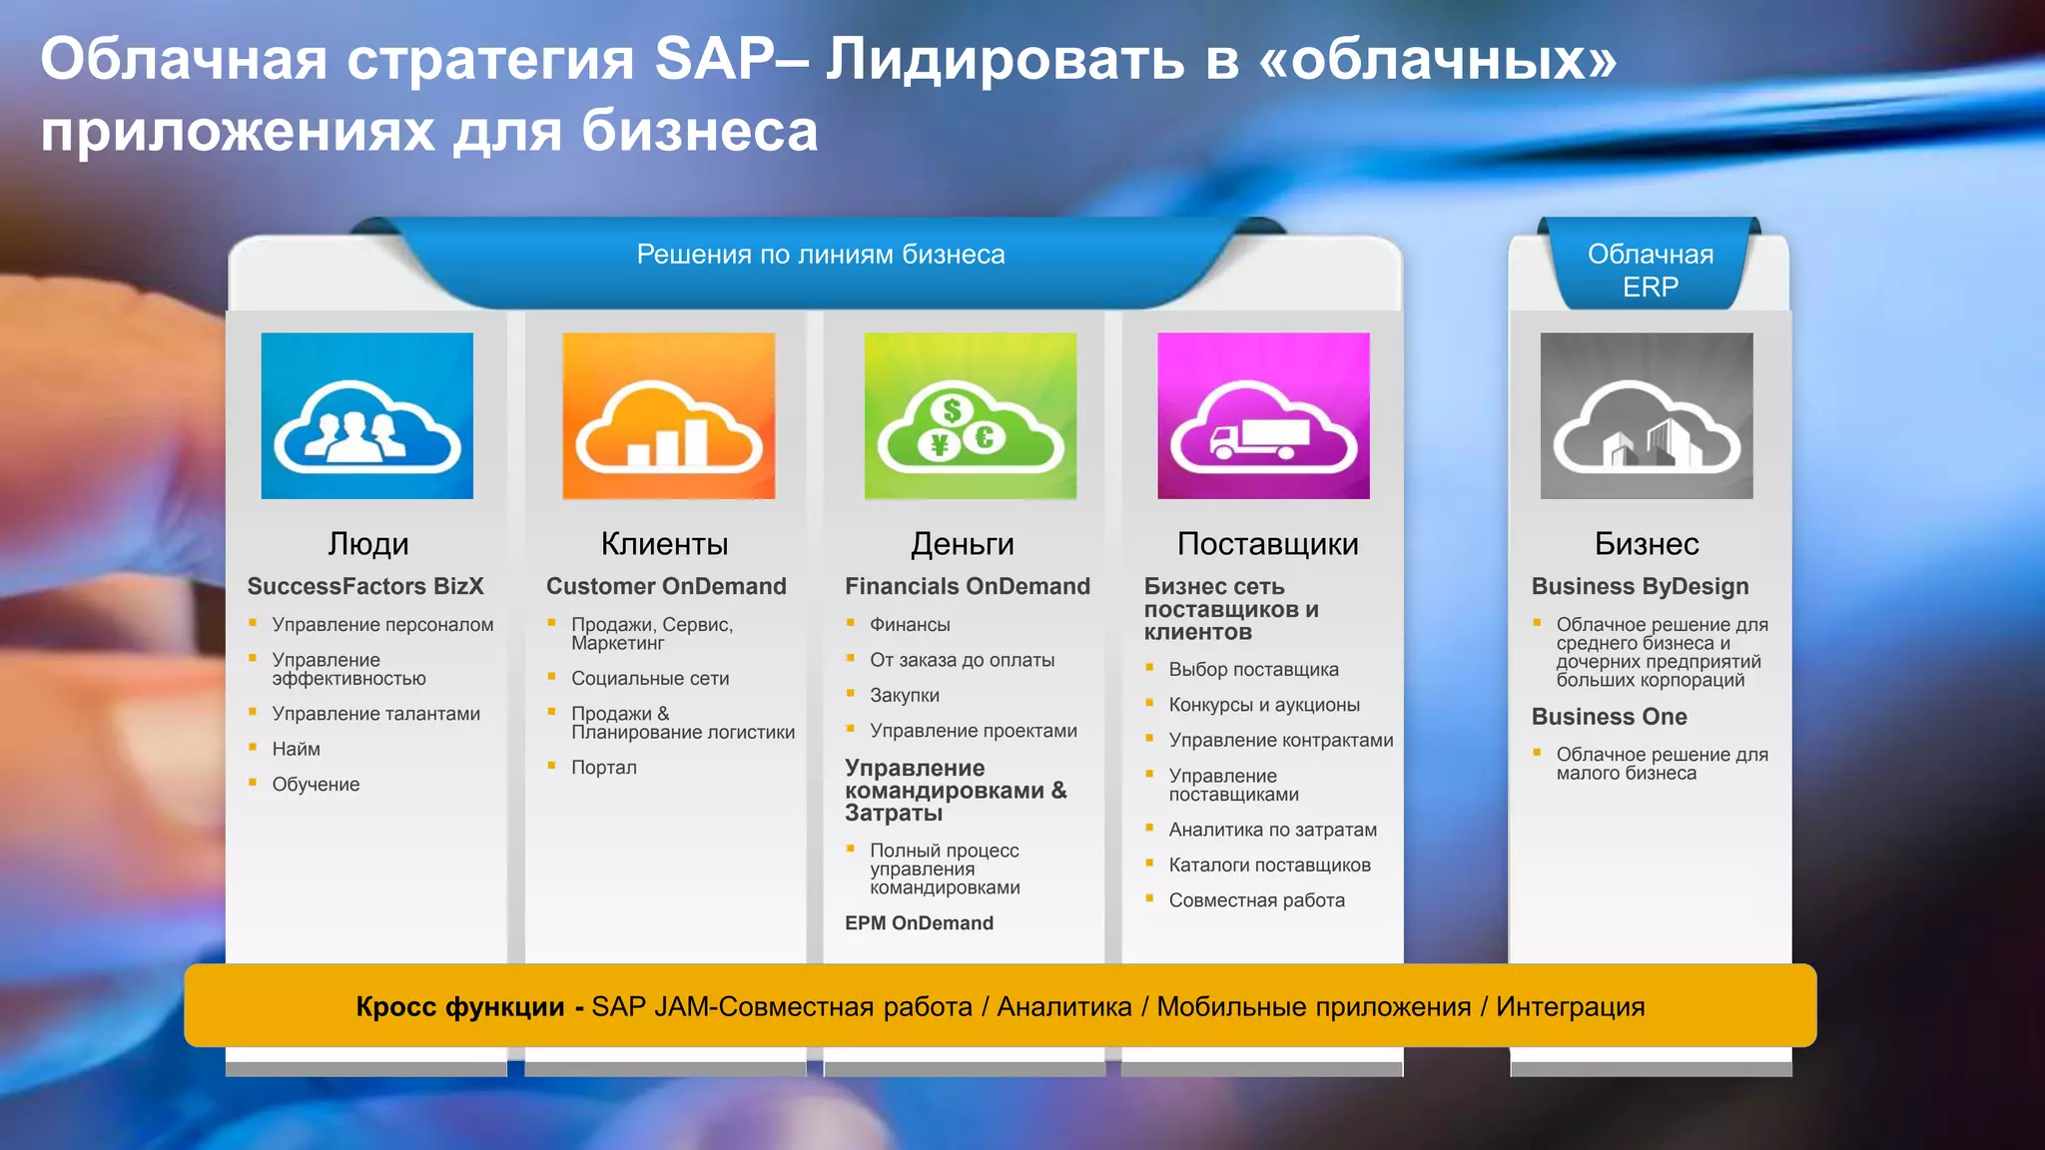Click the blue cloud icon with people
coord(366,416)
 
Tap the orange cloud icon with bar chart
coord(668,416)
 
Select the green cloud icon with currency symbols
coord(970,416)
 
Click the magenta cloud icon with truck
coord(1263,416)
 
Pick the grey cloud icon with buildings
coord(1646,416)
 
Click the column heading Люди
coord(367,544)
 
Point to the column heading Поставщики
coord(1267,544)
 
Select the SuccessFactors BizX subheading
coord(365,587)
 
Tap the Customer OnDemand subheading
coord(666,587)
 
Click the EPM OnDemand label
coord(919,923)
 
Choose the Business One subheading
coord(1609,717)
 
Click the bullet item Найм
coord(296,750)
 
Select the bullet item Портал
coord(603,768)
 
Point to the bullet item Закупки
coord(904,696)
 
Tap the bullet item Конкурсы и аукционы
coord(1264,705)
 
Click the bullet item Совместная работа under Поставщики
coord(1256,900)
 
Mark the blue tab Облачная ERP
coord(1650,271)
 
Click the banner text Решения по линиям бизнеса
coord(821,256)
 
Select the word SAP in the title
coord(713,59)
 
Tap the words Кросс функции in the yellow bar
coord(460,1007)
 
